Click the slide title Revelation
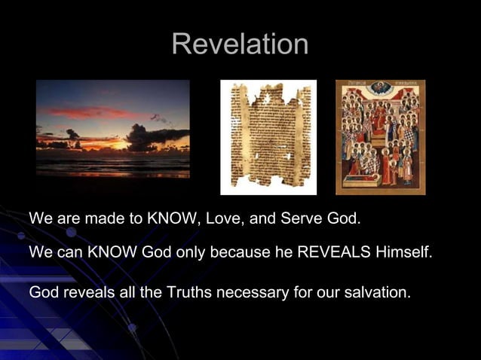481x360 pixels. click(x=240, y=44)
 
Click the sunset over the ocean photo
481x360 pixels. click(x=113, y=128)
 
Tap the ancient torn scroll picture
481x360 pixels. click(x=268, y=137)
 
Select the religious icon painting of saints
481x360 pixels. click(x=380, y=137)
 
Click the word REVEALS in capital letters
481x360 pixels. click(x=333, y=252)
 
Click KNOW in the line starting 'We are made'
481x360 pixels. click(x=170, y=220)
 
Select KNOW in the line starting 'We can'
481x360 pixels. click(x=109, y=252)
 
